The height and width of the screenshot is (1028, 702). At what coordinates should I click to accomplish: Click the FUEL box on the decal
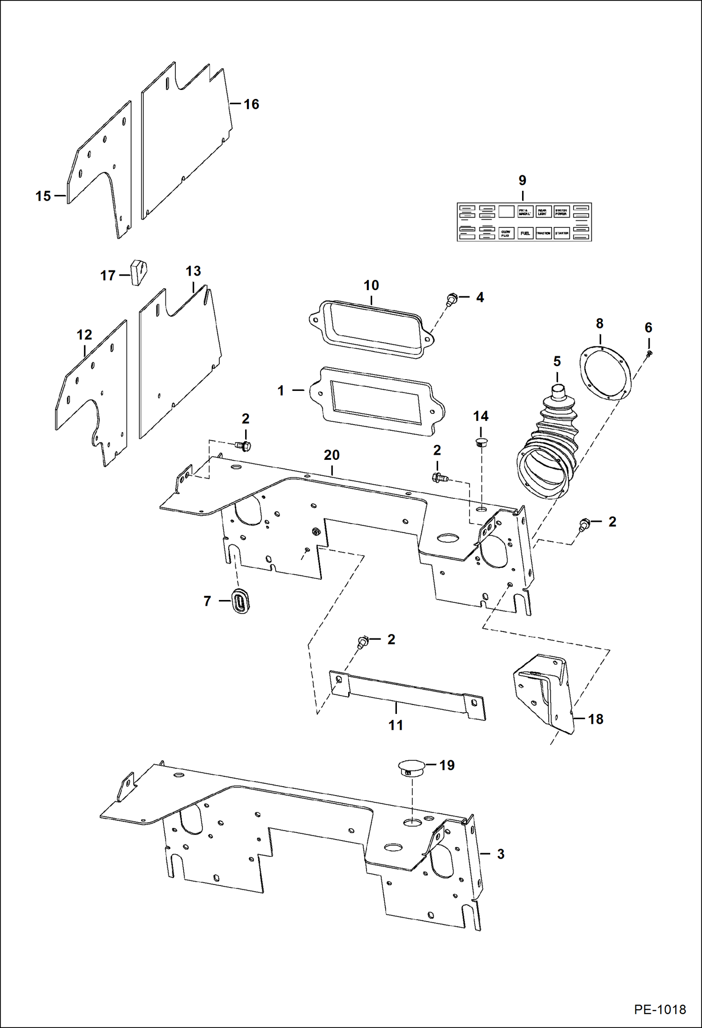coord(525,233)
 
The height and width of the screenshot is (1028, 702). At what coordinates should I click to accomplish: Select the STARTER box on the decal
coord(561,233)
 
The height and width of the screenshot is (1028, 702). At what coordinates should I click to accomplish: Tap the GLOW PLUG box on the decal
coord(506,233)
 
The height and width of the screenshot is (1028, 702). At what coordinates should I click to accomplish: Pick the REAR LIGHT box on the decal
coord(543,212)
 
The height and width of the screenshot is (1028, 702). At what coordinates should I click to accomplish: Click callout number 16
coord(251,104)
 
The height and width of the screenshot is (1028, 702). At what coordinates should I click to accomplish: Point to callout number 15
coord(43,196)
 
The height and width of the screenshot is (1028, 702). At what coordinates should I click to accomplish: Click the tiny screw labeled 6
coord(649,353)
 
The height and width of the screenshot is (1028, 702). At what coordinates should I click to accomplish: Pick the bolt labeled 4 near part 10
coord(452,299)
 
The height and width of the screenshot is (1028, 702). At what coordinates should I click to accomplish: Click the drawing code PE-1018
coord(660,1009)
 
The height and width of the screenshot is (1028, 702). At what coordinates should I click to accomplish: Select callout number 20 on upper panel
coord(331,455)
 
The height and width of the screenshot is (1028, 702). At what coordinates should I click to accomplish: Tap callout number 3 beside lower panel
coord(500,854)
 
